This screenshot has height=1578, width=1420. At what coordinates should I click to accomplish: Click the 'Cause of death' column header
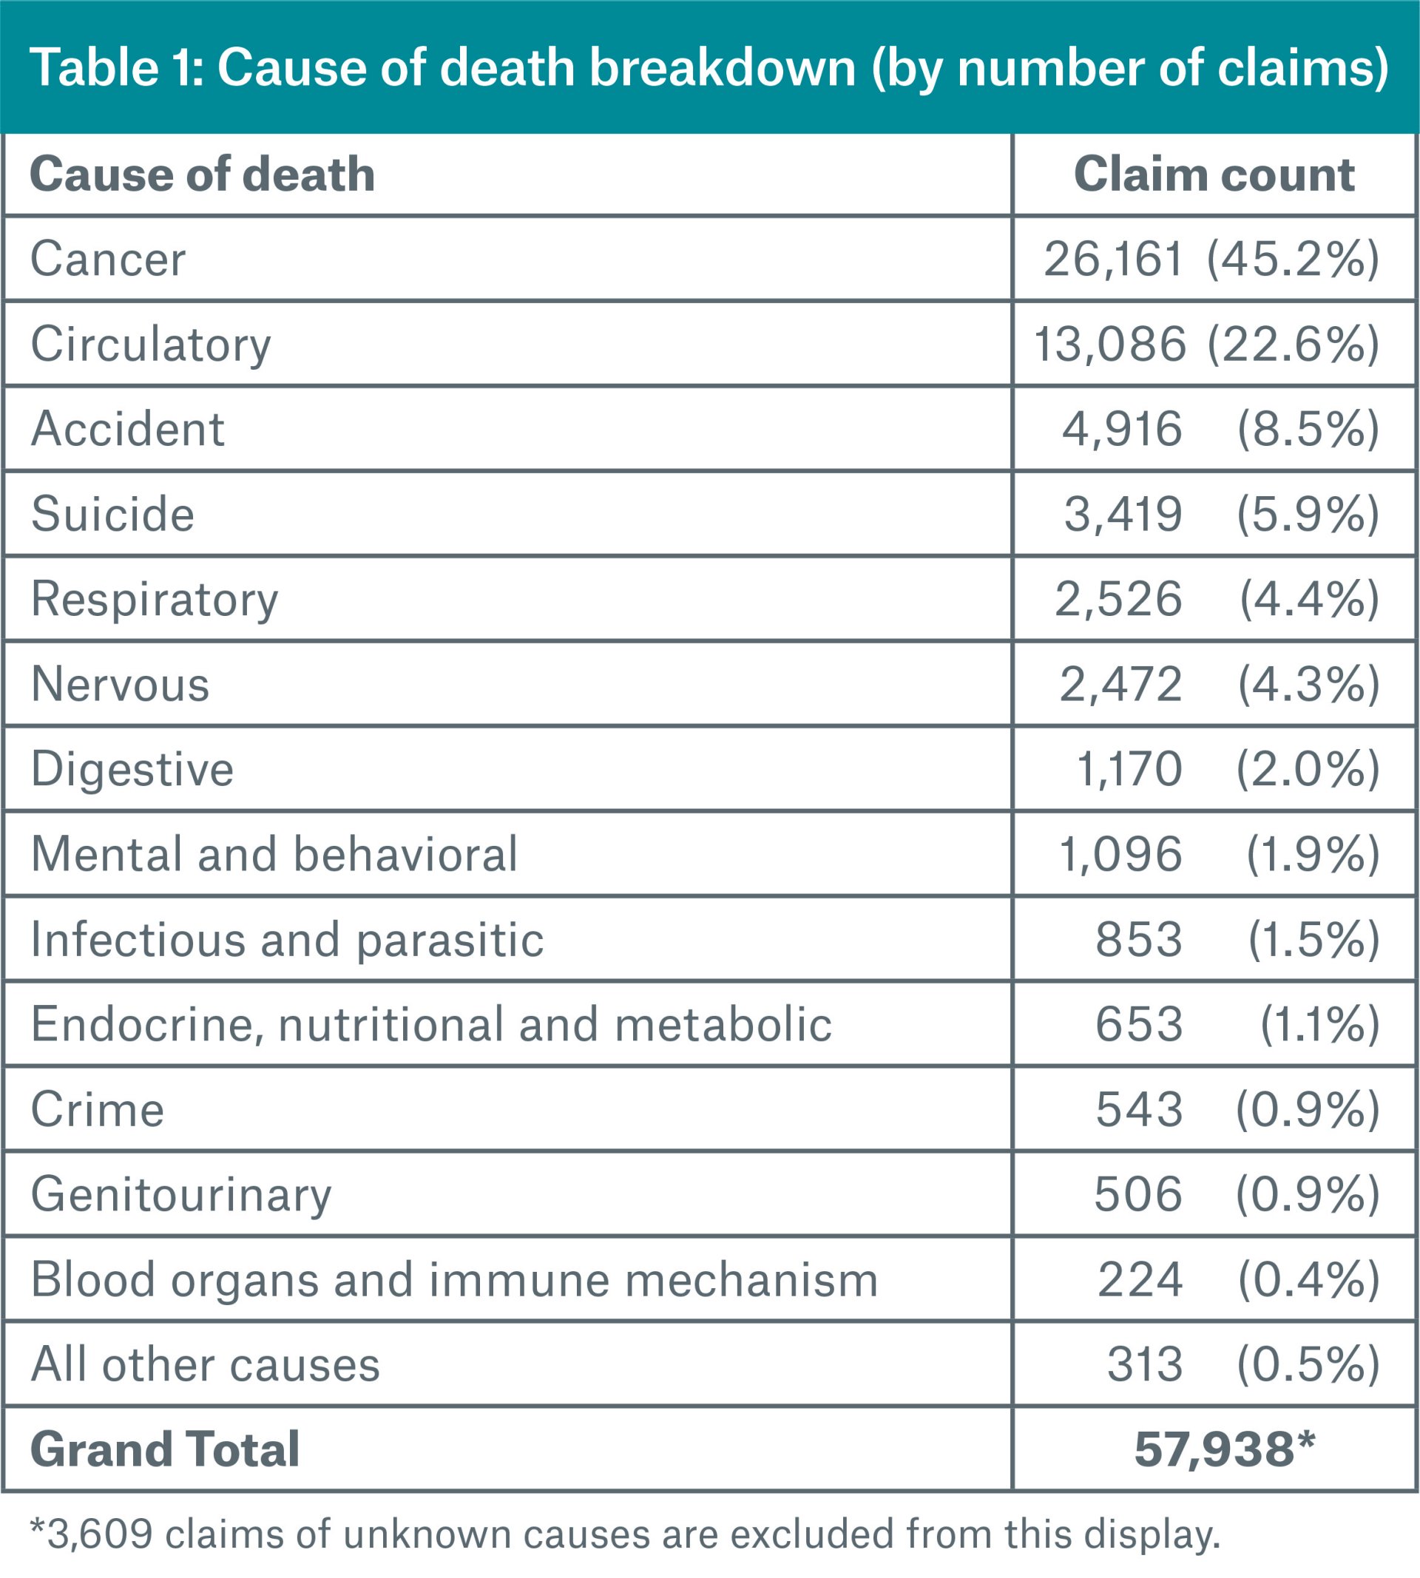click(x=202, y=174)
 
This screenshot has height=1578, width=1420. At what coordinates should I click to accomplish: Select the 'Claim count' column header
click(x=1214, y=174)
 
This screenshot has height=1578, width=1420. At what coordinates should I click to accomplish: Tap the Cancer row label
click(x=108, y=259)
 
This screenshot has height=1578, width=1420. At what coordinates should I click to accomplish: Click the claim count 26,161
click(x=1113, y=259)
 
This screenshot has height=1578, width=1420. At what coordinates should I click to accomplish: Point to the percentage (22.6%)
click(x=1293, y=344)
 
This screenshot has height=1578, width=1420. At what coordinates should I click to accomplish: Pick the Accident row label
click(x=127, y=429)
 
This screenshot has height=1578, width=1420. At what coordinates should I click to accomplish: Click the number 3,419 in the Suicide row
click(x=1123, y=514)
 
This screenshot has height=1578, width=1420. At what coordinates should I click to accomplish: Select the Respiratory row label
click(x=155, y=599)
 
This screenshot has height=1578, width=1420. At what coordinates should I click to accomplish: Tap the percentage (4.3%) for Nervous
click(x=1308, y=684)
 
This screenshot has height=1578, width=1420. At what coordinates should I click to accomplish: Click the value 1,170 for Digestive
click(x=1129, y=769)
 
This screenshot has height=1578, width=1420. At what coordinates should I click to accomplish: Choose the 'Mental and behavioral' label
click(x=274, y=854)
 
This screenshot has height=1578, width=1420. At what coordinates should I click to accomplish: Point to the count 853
click(x=1139, y=939)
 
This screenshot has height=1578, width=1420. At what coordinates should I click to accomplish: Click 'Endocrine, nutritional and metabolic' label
click(x=431, y=1024)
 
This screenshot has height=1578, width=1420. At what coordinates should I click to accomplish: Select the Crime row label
click(x=98, y=1109)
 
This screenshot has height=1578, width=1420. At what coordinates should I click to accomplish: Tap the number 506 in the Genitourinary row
click(x=1138, y=1194)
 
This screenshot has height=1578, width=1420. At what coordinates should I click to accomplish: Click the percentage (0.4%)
click(x=1308, y=1279)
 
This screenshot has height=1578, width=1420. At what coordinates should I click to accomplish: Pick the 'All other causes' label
click(x=205, y=1364)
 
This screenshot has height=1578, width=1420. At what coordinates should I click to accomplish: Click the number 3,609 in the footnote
click(x=99, y=1534)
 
